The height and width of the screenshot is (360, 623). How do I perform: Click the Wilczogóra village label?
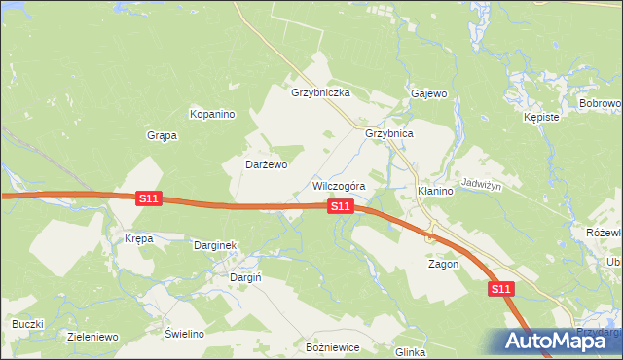coord(339,185)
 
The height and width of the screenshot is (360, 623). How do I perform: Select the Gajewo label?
coord(428,94)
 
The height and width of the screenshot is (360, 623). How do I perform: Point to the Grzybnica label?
coord(389,133)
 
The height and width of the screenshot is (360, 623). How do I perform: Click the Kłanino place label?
coord(435,191)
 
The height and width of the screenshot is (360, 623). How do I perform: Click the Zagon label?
coord(444,264)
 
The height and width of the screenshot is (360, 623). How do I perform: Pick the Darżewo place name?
coord(266,165)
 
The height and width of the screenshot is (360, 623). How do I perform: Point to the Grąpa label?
coord(162,135)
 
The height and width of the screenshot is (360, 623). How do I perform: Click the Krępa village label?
coord(139,238)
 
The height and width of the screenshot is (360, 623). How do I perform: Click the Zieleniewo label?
coord(92,337)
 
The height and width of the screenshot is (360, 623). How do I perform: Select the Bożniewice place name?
coord(333,347)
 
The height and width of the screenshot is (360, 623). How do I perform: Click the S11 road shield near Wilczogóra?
coord(340,206)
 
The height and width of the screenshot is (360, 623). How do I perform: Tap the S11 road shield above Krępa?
coord(148,198)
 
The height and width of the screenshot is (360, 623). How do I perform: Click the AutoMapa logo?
coord(552,341)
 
